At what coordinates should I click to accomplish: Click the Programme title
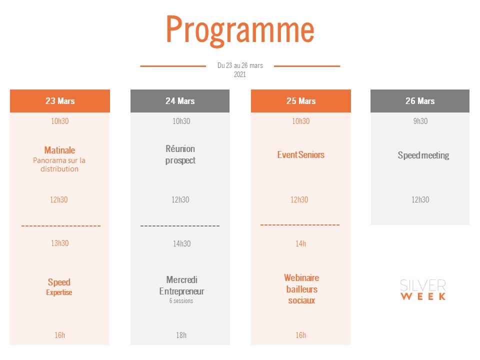pyautogui.click(x=240, y=30)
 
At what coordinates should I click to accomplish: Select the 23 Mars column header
pyautogui.click(x=60, y=101)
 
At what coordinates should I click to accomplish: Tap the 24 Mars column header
pyautogui.click(x=180, y=101)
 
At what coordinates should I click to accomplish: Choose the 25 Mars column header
pyautogui.click(x=301, y=101)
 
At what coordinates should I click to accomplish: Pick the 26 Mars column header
pyautogui.click(x=420, y=101)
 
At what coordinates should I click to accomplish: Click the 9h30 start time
pyautogui.click(x=420, y=121)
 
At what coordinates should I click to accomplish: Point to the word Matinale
pyautogui.click(x=59, y=150)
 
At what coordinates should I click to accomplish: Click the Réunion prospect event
pyautogui.click(x=180, y=154)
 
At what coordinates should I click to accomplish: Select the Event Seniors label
pyautogui.click(x=301, y=155)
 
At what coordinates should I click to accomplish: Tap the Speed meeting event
pyautogui.click(x=423, y=155)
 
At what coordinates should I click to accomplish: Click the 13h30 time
pyautogui.click(x=59, y=243)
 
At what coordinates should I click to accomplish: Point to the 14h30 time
pyautogui.click(x=182, y=243)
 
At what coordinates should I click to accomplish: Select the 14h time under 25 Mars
pyautogui.click(x=300, y=243)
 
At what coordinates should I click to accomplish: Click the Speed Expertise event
pyautogui.click(x=59, y=287)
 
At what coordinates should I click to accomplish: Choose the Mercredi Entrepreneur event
pyautogui.click(x=182, y=285)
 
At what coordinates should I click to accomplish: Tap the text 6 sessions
pyautogui.click(x=181, y=301)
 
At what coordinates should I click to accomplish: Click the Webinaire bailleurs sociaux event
pyautogui.click(x=301, y=289)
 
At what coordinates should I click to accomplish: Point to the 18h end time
pyautogui.click(x=181, y=335)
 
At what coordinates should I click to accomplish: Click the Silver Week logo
pyautogui.click(x=423, y=289)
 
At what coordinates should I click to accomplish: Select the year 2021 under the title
pyautogui.click(x=240, y=74)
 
